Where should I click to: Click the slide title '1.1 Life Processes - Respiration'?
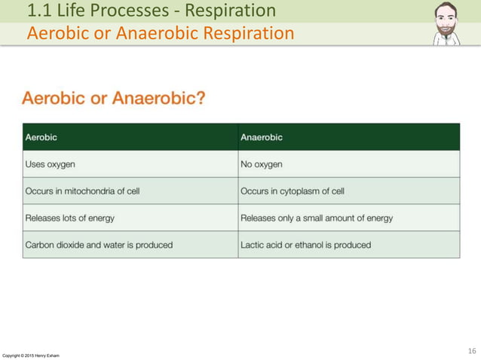point(151,11)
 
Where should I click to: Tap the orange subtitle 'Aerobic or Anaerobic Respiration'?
point(160,34)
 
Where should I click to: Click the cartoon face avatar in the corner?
point(446,24)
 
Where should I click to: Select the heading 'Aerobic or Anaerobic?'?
point(114,99)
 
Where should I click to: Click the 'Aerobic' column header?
point(41,137)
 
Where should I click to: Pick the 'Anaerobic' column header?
point(262,137)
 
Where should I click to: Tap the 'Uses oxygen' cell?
point(50,164)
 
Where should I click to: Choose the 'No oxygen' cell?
point(262,164)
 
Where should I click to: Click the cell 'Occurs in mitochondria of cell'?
point(82,191)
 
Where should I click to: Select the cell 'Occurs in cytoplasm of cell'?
point(293,191)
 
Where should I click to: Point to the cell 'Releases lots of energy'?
point(70,218)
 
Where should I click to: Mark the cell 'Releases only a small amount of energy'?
point(317,218)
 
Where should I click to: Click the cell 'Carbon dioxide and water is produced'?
point(99,245)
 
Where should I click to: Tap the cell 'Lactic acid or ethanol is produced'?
point(305,245)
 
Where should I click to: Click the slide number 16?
point(472,351)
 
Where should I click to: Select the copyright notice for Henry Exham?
point(31,355)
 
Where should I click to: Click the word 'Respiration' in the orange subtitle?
point(247,34)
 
